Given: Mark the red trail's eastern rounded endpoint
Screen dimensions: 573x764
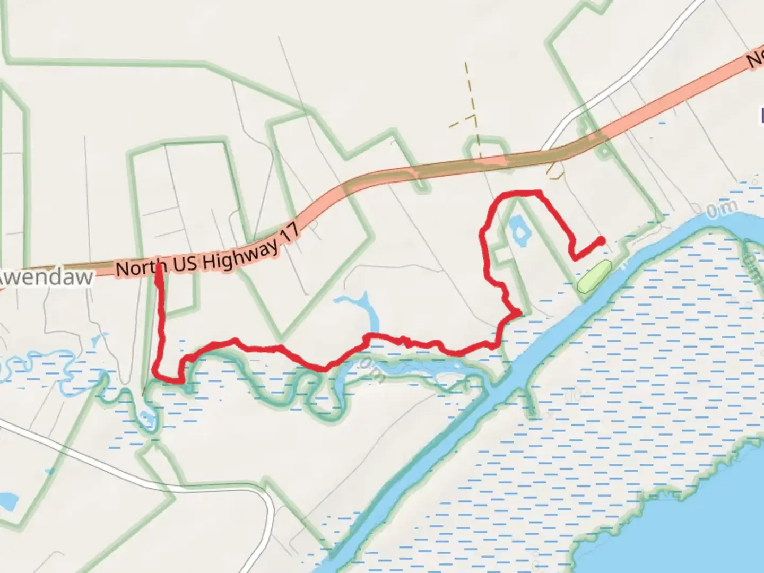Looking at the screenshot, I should (x=601, y=240).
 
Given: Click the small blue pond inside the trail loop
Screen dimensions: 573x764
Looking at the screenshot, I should (x=517, y=231).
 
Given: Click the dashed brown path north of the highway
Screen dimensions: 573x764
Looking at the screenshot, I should (x=470, y=106).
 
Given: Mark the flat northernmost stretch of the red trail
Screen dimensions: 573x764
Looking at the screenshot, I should (x=523, y=192).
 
